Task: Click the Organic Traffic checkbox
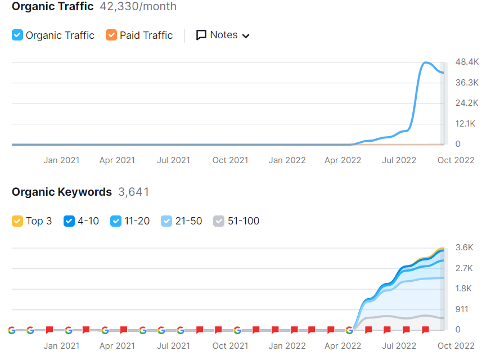(17, 35)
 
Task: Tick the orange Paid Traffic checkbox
(111, 35)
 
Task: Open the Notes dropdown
(223, 35)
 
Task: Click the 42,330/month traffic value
(138, 7)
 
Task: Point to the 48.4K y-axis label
(467, 61)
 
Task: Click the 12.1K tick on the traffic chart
(466, 124)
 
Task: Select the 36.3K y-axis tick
(467, 83)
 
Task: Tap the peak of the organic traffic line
(426, 62)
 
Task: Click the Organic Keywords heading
(62, 192)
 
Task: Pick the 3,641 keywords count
(134, 192)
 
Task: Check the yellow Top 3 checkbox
(17, 221)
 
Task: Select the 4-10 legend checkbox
(69, 221)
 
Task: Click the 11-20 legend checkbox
(116, 221)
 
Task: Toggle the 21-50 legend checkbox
(166, 221)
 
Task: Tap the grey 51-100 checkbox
(219, 221)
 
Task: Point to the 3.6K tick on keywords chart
(464, 247)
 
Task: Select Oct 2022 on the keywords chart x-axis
(456, 346)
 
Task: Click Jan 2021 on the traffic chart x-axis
(61, 160)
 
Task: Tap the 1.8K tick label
(464, 289)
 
